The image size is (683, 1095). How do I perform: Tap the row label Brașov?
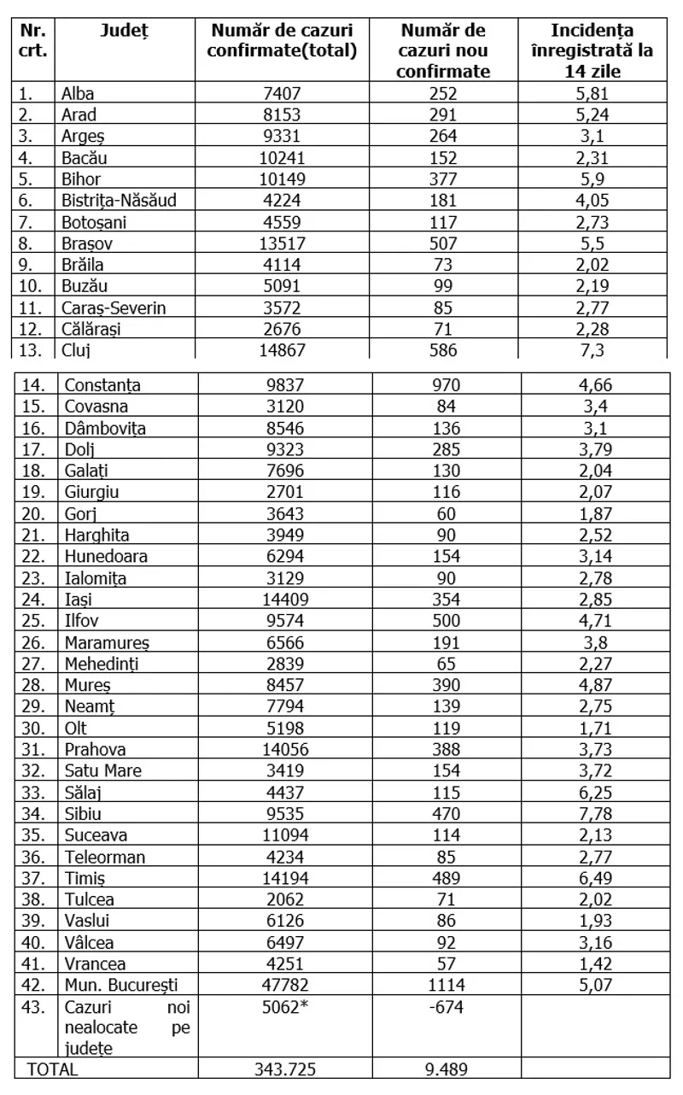[x=86, y=243]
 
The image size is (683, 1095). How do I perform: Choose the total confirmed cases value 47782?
[x=282, y=984]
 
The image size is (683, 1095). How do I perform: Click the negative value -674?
[x=443, y=1005]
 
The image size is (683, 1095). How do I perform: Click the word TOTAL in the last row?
[x=53, y=1069]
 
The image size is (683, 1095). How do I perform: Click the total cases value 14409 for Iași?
[x=282, y=599]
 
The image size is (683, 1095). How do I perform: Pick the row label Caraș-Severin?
[x=114, y=307]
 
